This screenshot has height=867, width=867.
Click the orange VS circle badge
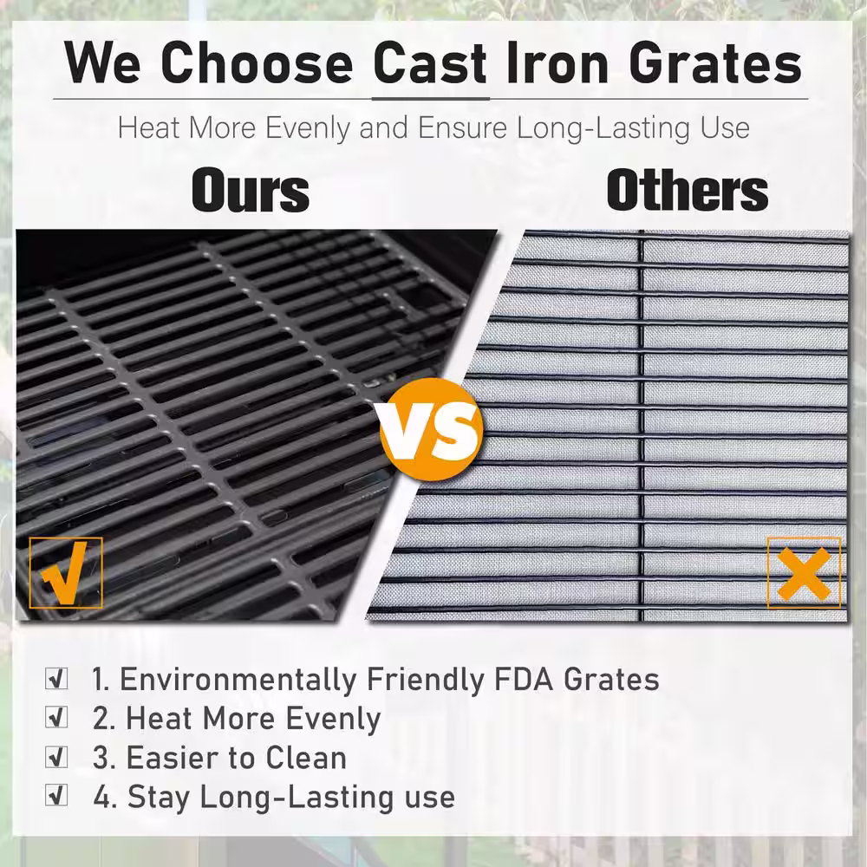[431, 429]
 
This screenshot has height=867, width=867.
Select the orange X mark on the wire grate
[804, 574]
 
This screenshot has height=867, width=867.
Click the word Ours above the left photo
[250, 191]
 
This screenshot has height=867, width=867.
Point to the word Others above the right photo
[688, 190]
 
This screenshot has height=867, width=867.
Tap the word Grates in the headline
[715, 63]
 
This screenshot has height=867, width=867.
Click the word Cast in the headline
[430, 62]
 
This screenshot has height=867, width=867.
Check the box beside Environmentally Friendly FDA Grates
[56, 679]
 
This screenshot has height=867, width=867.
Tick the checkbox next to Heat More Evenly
[56, 717]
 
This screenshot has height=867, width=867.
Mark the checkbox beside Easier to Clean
[56, 757]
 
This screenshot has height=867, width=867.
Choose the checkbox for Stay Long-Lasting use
[56, 796]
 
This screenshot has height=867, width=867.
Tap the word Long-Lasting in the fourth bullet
[297, 798]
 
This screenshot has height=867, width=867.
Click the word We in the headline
[103, 62]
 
